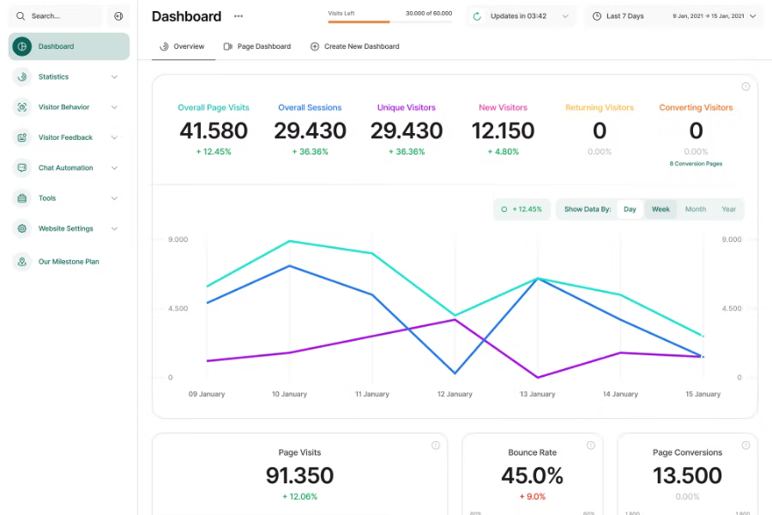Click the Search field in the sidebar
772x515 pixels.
tap(57, 16)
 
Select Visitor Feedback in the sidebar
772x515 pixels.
tap(65, 137)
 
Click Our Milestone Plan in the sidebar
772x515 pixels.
tap(69, 262)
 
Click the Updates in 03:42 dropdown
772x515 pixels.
tap(521, 16)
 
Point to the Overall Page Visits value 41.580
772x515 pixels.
tap(214, 130)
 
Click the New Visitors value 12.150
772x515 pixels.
tap(503, 130)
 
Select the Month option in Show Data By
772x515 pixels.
tap(696, 209)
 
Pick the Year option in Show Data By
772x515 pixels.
tap(728, 209)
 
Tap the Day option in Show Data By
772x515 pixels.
tap(630, 209)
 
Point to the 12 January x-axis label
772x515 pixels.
tap(455, 394)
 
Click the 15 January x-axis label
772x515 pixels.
tap(703, 394)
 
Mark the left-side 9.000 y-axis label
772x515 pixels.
tap(178, 239)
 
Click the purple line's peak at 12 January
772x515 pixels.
tap(455, 319)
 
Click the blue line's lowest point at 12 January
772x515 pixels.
tap(455, 373)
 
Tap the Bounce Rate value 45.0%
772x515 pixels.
tap(532, 476)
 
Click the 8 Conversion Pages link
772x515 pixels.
tap(696, 163)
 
